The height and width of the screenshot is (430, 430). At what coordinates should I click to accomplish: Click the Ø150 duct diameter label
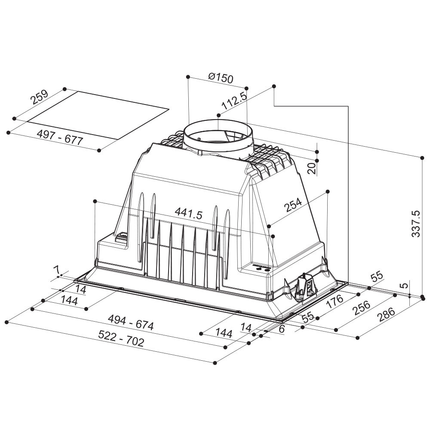click(x=221, y=78)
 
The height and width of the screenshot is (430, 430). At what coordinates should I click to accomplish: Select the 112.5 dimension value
click(x=233, y=100)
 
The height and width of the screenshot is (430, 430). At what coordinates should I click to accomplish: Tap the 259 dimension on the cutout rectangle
click(x=39, y=97)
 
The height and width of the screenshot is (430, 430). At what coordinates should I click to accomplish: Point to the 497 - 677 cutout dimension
click(x=60, y=138)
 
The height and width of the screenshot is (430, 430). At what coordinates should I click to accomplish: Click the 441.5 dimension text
click(x=189, y=213)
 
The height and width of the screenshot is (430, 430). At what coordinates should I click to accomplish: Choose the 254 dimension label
click(x=293, y=205)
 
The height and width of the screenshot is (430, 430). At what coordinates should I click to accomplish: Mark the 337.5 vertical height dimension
click(x=416, y=224)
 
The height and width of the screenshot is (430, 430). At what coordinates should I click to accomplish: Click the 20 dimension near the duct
click(x=312, y=168)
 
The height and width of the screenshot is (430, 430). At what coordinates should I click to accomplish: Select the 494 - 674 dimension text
click(x=131, y=322)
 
